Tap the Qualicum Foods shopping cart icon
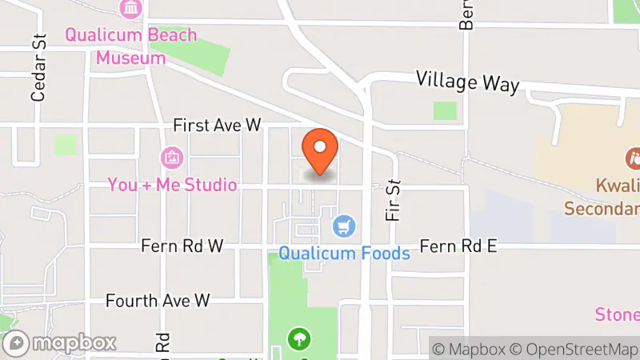(345, 227)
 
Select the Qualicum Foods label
(344, 254)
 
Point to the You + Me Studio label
(172, 185)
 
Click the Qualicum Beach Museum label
(131, 46)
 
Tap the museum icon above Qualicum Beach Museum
(130, 9)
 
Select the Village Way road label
(468, 82)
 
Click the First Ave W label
(218, 126)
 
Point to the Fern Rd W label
(182, 246)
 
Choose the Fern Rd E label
(458, 246)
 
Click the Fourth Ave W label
(158, 301)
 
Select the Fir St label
(393, 200)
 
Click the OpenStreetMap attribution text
(572, 350)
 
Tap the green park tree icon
(298, 339)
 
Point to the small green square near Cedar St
(66, 146)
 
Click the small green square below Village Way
(445, 110)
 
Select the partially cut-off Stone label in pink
(618, 314)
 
